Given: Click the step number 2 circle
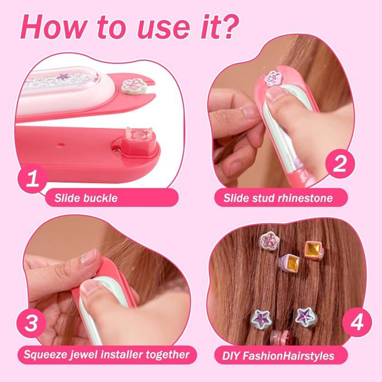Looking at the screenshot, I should (x=339, y=164).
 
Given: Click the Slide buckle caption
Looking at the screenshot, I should (x=86, y=198).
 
